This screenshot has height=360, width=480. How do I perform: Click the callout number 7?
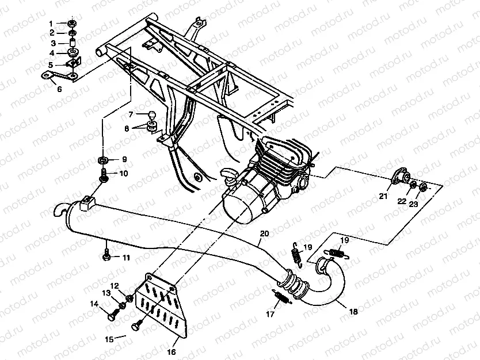coord(131,114)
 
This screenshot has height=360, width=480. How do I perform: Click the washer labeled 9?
coord(102,159)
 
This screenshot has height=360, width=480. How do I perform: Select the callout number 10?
coord(124,173)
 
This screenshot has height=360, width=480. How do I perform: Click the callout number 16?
coord(171,352)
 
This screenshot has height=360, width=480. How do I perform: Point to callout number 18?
coord(353,312)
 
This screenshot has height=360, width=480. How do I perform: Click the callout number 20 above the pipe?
coord(264,234)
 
